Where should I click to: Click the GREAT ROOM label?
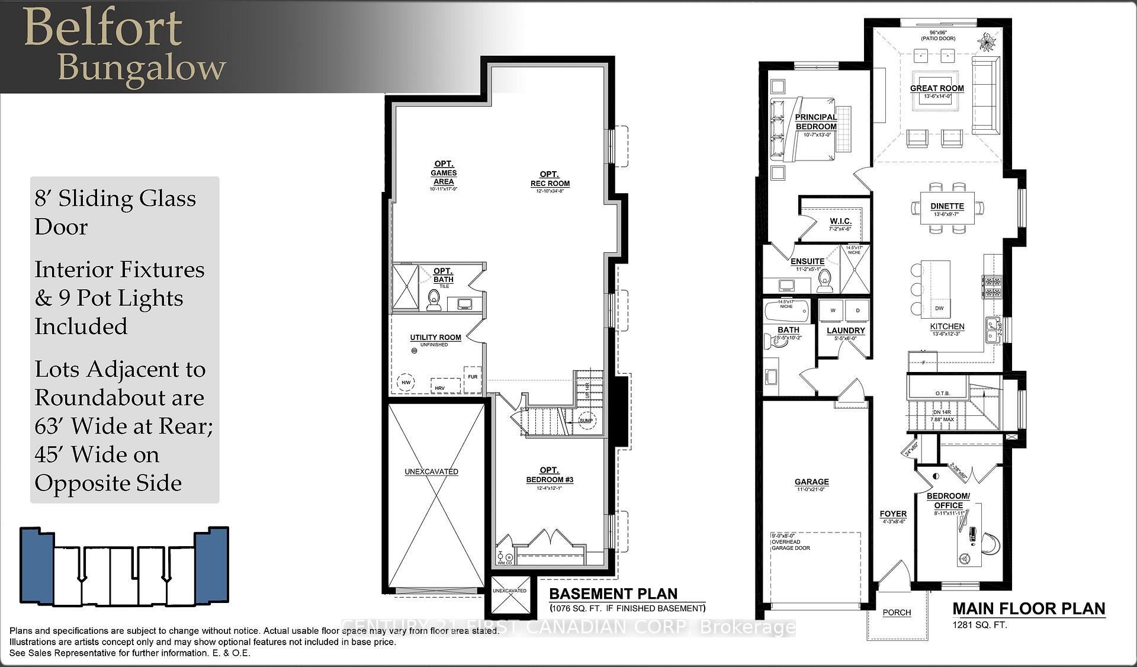937,88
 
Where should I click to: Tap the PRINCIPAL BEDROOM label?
816,122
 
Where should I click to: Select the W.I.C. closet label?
840,221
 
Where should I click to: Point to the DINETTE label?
947,206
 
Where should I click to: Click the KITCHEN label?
947,326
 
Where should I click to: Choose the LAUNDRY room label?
846,331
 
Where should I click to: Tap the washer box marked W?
833,310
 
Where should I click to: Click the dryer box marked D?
857,310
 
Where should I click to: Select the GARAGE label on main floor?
811,482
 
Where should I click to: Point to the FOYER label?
893,514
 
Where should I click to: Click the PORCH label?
897,613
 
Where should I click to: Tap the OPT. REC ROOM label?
550,179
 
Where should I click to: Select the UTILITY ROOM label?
435,337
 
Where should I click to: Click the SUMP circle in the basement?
586,420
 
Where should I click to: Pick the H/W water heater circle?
406,383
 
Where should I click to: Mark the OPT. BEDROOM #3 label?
550,475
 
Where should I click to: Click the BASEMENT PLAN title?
613,594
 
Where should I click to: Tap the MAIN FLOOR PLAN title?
1029,609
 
